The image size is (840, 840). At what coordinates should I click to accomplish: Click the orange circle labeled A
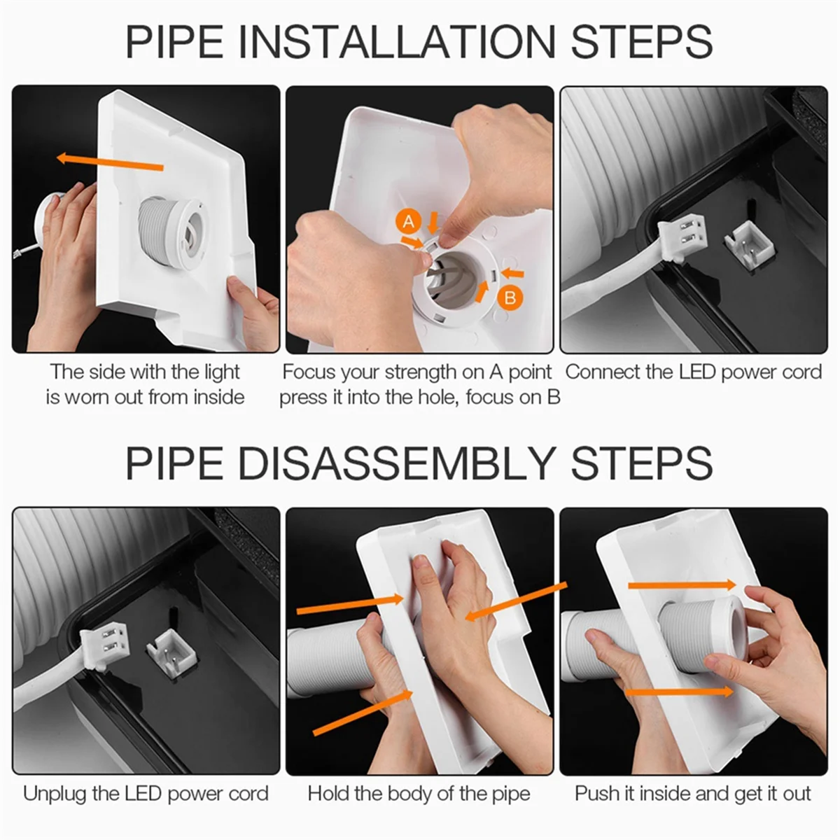pyautogui.click(x=409, y=222)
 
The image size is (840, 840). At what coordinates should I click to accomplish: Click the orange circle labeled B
pyautogui.click(x=510, y=297)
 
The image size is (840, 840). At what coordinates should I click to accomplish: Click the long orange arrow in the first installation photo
pyautogui.click(x=110, y=162)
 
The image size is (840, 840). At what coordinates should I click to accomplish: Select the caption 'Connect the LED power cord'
pyautogui.click(x=693, y=372)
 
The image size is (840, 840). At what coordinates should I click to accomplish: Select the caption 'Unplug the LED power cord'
pyautogui.click(x=146, y=793)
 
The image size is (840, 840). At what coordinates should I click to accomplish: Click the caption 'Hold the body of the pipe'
pyautogui.click(x=419, y=793)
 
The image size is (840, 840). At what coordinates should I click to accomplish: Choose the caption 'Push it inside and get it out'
pyautogui.click(x=693, y=793)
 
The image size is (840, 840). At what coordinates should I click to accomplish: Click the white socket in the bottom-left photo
pyautogui.click(x=170, y=650)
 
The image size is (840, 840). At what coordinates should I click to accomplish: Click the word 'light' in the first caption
pyautogui.click(x=222, y=372)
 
